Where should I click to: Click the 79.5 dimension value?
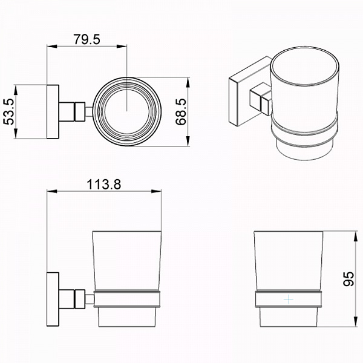click(87, 39)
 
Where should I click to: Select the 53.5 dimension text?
click(9, 111)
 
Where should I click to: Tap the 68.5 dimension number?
click(181, 112)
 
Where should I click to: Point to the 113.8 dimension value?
click(104, 185)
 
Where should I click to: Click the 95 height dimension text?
click(348, 279)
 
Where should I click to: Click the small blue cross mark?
click(289, 299)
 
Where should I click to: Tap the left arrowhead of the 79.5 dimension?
click(52, 47)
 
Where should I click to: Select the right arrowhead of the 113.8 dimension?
click(157, 191)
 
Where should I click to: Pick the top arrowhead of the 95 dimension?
click(356, 236)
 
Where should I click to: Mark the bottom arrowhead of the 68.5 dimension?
click(188, 141)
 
